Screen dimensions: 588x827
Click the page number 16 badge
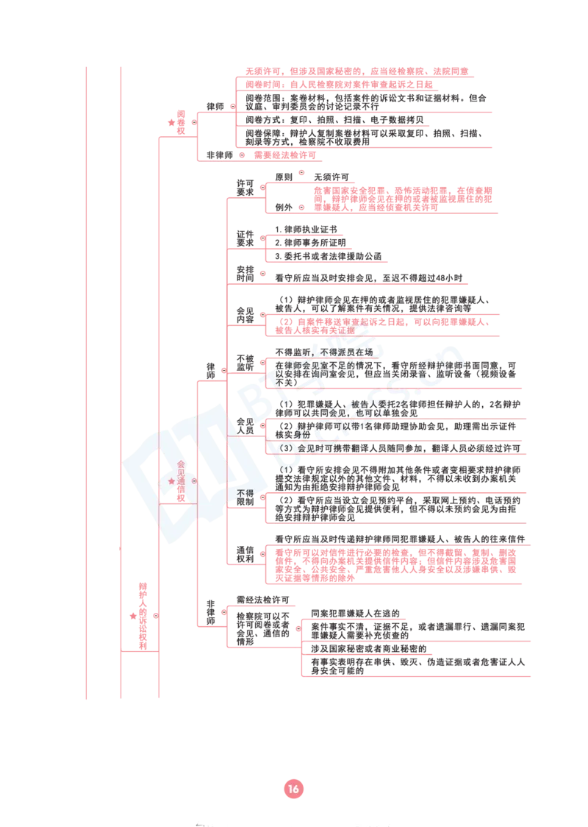293,789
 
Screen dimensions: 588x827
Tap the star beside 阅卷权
171,122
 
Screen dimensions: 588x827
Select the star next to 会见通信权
171,481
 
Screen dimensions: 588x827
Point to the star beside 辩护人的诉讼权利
133,616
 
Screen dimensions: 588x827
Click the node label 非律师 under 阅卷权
220,155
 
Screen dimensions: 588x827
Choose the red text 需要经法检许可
285,155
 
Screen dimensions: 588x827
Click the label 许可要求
245,188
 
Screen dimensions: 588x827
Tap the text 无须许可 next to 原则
331,177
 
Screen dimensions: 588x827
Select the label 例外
284,207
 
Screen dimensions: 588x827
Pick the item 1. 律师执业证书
306,230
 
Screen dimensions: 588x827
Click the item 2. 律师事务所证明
310,243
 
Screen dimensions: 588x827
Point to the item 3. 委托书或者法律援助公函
329,256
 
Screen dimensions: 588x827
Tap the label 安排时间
245,274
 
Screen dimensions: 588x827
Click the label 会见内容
245,316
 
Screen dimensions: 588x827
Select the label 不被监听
245,363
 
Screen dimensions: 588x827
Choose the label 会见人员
245,426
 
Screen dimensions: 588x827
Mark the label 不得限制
245,497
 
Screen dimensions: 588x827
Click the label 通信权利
245,554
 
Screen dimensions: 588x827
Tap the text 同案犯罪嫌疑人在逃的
355,614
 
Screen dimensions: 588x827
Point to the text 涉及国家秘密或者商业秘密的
369,649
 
